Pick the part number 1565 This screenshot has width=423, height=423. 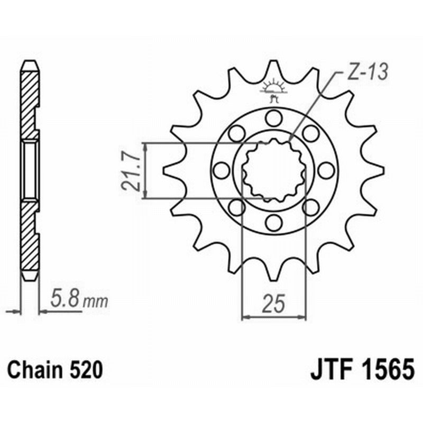click(x=386, y=369)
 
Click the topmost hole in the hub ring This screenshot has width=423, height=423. click(x=273, y=117)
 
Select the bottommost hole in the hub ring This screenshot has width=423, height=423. click(x=273, y=222)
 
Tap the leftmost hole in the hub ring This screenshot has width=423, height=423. click(x=221, y=170)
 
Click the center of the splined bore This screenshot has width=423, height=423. click(x=273, y=170)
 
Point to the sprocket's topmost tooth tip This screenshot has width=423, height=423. click(x=273, y=62)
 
